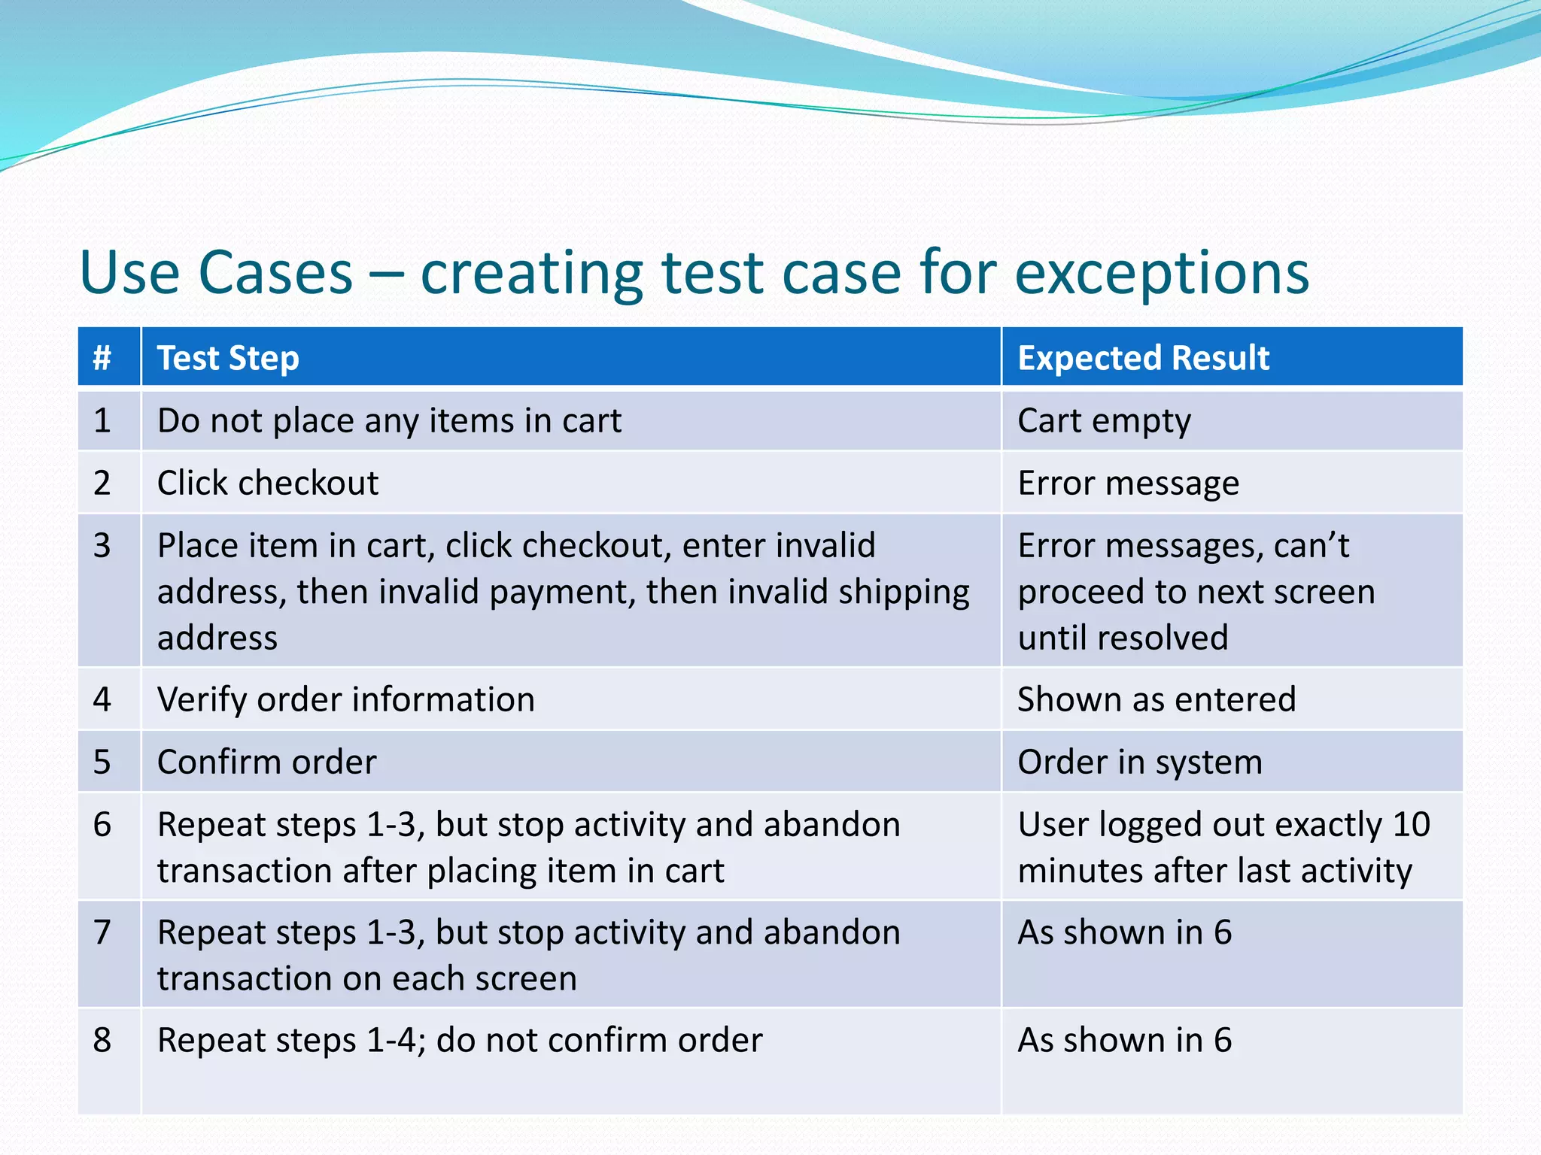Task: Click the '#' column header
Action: coord(102,358)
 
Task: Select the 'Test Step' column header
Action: coord(228,358)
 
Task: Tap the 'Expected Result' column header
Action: coord(1143,358)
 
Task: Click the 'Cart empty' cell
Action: coord(1104,421)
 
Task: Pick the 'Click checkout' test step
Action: coord(268,483)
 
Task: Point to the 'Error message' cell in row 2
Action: coord(1128,483)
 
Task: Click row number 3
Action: coord(102,545)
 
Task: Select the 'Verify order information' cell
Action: coord(345,700)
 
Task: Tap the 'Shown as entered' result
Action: coord(1157,700)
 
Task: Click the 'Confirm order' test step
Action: coord(266,762)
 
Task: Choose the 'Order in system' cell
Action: coord(1139,762)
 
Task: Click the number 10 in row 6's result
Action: coord(1411,825)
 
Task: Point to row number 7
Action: coord(102,932)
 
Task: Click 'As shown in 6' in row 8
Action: coord(1124,1041)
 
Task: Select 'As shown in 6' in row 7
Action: coord(1124,933)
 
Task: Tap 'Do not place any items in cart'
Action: coord(389,421)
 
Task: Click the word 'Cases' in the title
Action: coord(275,274)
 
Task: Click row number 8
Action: coord(102,1041)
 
